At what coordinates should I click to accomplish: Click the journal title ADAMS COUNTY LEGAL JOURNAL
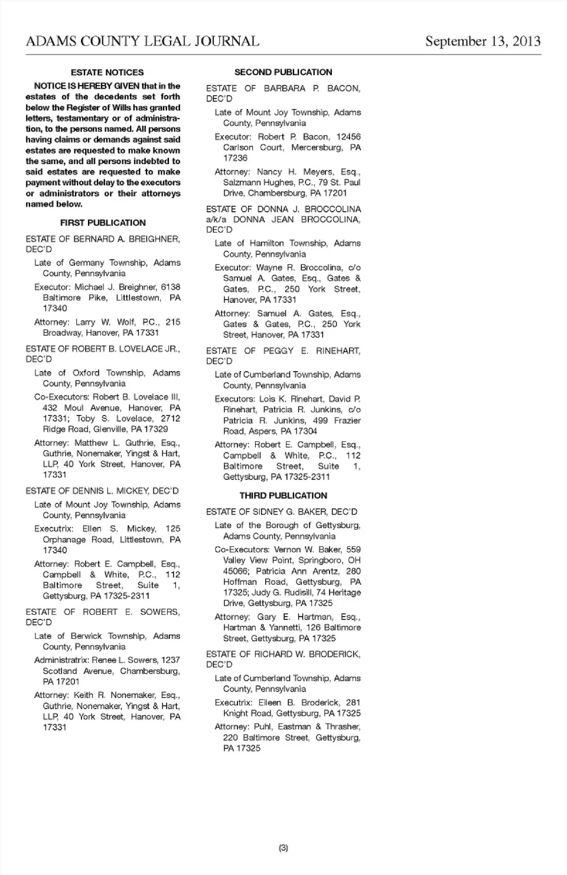142,41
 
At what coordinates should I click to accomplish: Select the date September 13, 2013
483,41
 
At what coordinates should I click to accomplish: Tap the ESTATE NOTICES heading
107,73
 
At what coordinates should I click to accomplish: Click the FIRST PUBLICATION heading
103,223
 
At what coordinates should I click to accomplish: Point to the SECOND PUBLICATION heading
283,73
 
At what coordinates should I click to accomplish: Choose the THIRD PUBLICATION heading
283,496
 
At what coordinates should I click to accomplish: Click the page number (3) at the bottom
283,848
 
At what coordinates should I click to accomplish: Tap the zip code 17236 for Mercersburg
235,158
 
